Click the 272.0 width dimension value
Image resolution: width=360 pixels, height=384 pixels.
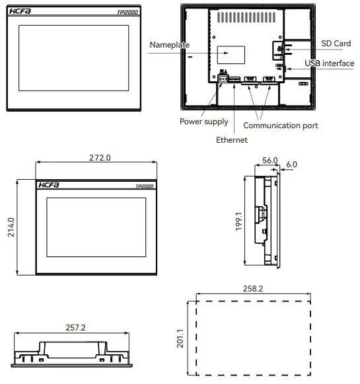100,158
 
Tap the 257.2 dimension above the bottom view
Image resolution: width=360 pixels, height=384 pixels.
76,327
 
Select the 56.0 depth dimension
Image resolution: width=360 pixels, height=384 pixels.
270,161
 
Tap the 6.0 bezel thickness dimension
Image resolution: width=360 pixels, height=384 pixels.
291,164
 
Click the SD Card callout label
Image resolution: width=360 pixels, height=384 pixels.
336,44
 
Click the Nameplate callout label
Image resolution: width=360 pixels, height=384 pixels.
169,45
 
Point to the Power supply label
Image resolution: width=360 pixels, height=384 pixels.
204,122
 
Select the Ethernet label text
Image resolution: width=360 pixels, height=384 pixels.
231,140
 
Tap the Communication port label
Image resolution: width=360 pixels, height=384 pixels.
281,125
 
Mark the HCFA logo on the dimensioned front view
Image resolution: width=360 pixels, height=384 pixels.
49,186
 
